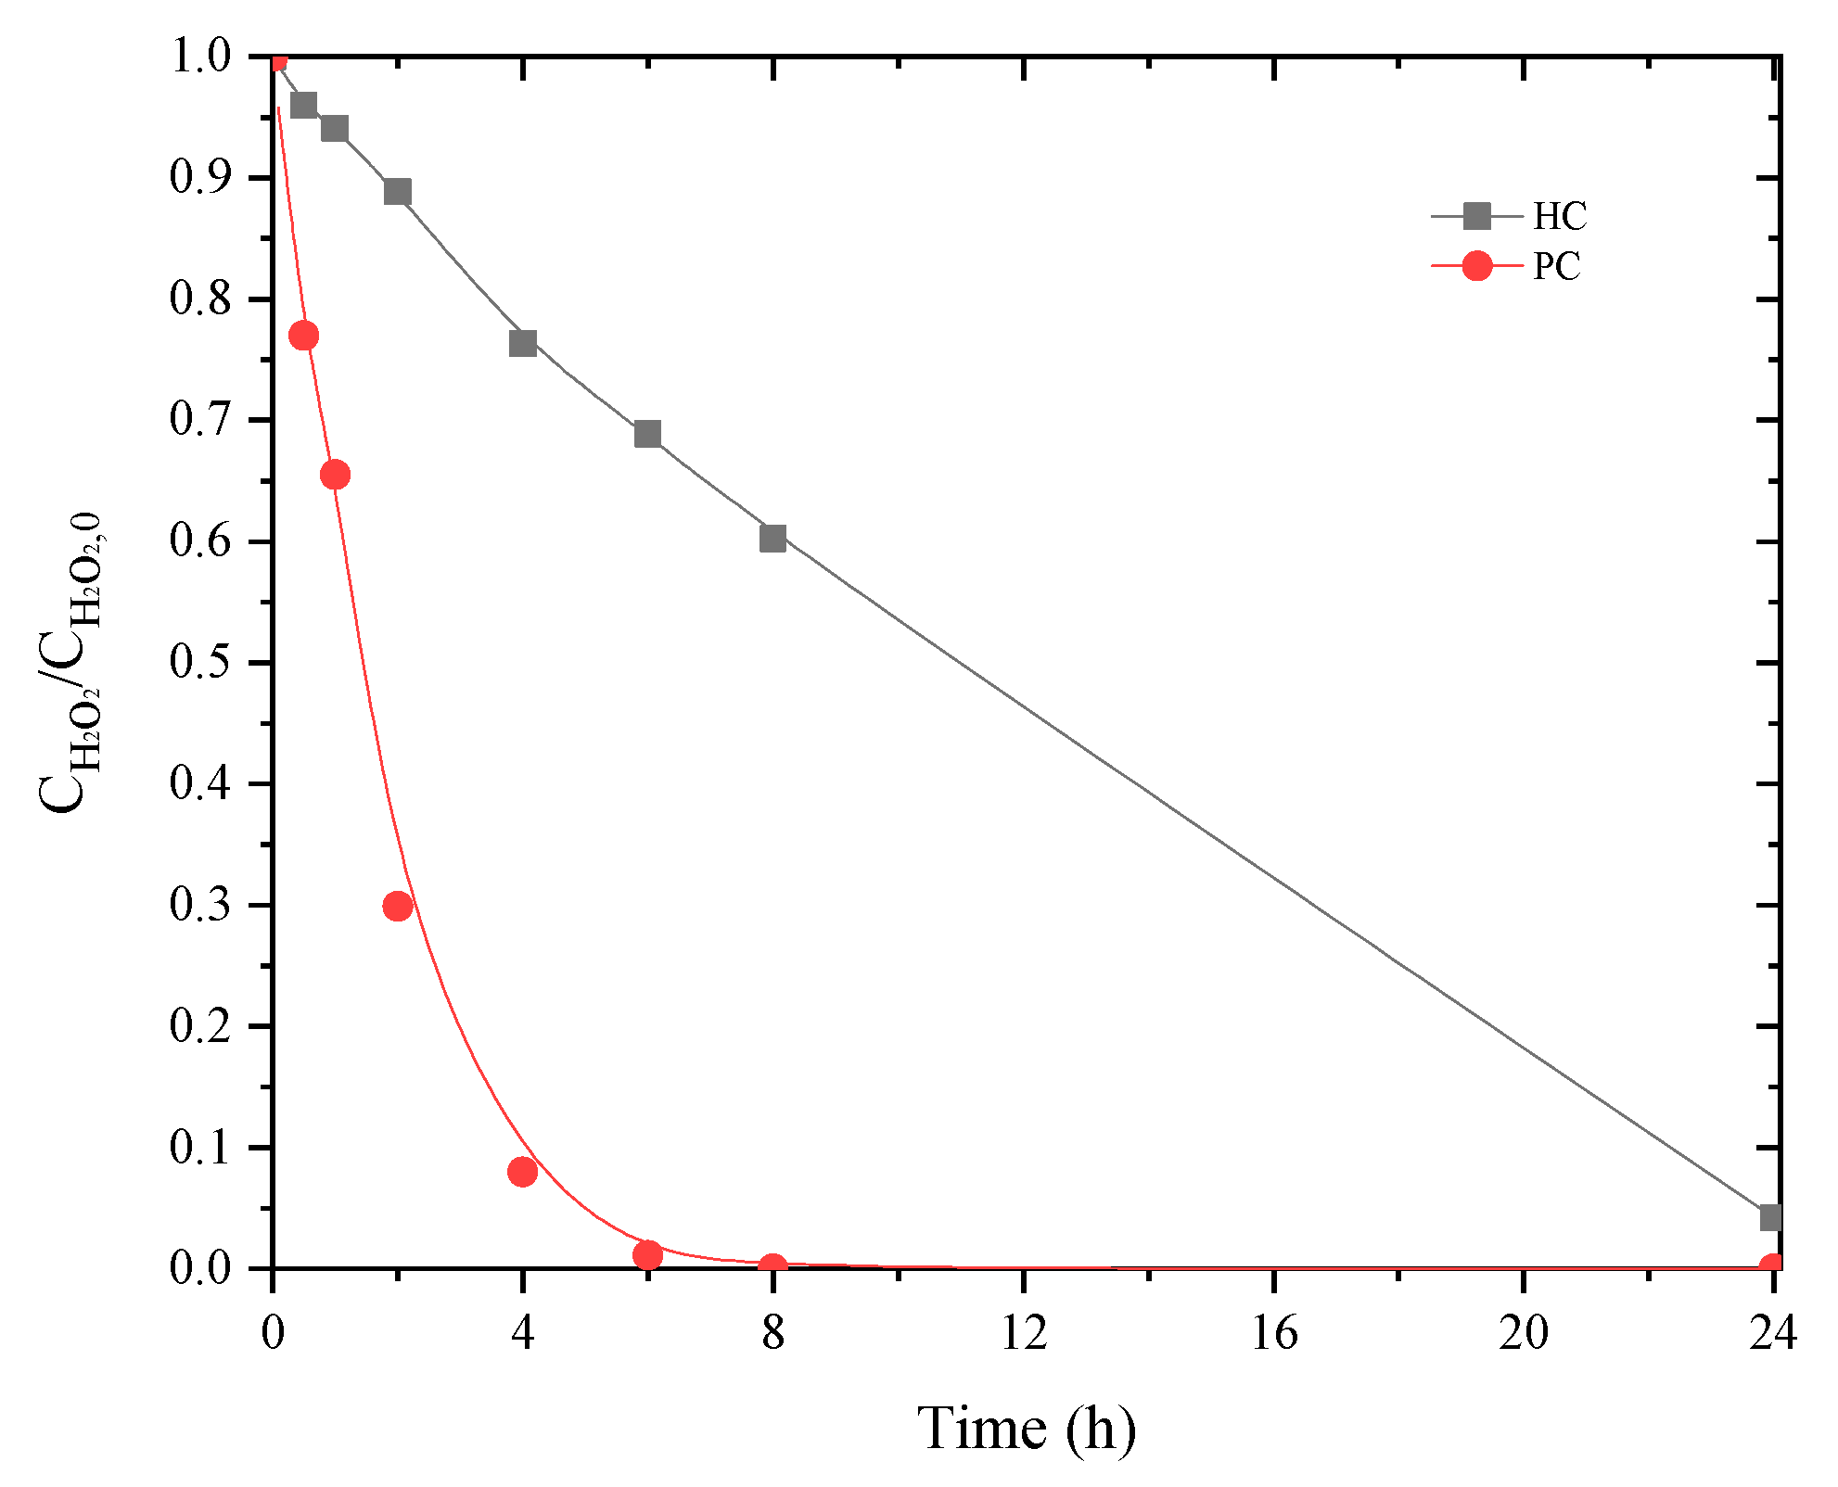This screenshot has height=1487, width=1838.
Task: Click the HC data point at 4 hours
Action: click(x=523, y=343)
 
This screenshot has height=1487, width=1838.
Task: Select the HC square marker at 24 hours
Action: click(x=1770, y=1217)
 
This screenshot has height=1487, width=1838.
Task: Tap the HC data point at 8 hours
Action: click(x=772, y=538)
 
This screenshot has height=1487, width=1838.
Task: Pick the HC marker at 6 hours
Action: click(x=647, y=434)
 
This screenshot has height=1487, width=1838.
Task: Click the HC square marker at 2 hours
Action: click(x=397, y=192)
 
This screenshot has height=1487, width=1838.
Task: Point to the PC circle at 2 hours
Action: click(x=397, y=906)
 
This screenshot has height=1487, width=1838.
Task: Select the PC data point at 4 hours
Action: click(x=523, y=1172)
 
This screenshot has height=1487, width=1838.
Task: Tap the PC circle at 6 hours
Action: click(x=647, y=1255)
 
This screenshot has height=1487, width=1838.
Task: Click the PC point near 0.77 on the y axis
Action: click(x=303, y=335)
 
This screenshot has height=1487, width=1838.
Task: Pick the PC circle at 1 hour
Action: click(x=335, y=475)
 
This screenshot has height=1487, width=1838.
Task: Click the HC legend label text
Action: click(x=1560, y=216)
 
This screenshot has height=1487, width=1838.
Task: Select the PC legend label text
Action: click(x=1557, y=266)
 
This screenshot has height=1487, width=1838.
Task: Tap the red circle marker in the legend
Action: click(x=1476, y=266)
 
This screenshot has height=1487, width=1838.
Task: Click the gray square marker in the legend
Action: click(x=1476, y=216)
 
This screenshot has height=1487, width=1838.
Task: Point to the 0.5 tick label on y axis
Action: click(x=200, y=662)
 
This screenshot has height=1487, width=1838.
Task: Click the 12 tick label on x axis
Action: click(x=1024, y=1333)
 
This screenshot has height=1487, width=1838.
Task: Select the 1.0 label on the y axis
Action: click(x=200, y=57)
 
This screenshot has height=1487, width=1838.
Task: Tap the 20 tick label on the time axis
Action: click(x=1524, y=1333)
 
